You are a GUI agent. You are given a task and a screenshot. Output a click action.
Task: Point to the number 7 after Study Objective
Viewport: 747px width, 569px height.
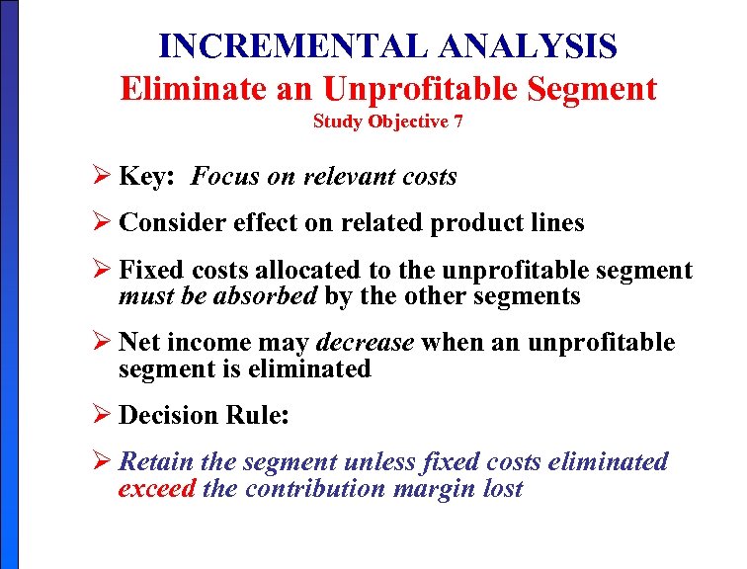click(458, 122)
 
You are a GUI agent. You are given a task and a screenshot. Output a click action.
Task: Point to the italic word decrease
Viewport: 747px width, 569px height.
click(365, 343)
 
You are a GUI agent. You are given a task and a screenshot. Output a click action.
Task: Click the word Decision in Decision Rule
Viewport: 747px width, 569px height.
click(172, 416)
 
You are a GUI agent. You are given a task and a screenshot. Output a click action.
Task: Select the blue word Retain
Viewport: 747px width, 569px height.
click(156, 461)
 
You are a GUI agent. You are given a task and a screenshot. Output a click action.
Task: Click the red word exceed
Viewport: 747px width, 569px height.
click(156, 488)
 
